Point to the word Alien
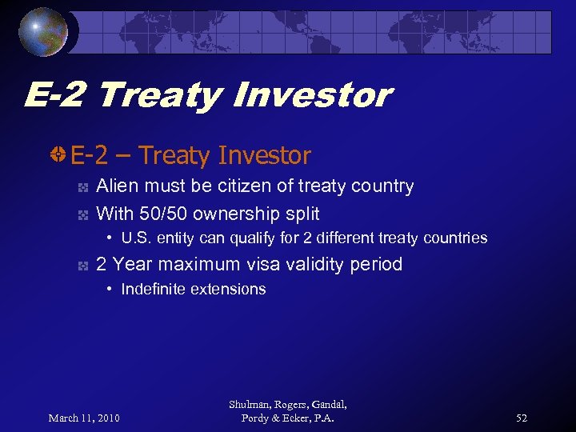click(117, 186)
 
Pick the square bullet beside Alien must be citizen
click(82, 188)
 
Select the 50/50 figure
click(162, 214)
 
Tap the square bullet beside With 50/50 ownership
click(82, 215)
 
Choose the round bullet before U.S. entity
click(110, 238)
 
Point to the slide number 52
click(522, 418)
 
